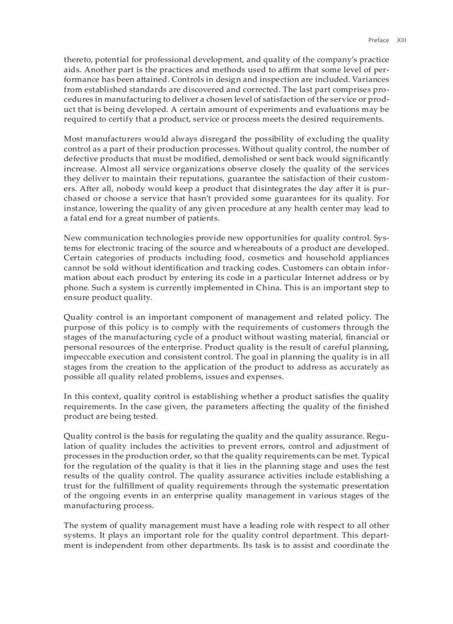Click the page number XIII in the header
pyautogui.click(x=401, y=40)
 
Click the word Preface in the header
pyautogui.click(x=379, y=40)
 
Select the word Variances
pyautogui.click(x=370, y=79)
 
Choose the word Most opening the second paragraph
pyautogui.click(x=74, y=138)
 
